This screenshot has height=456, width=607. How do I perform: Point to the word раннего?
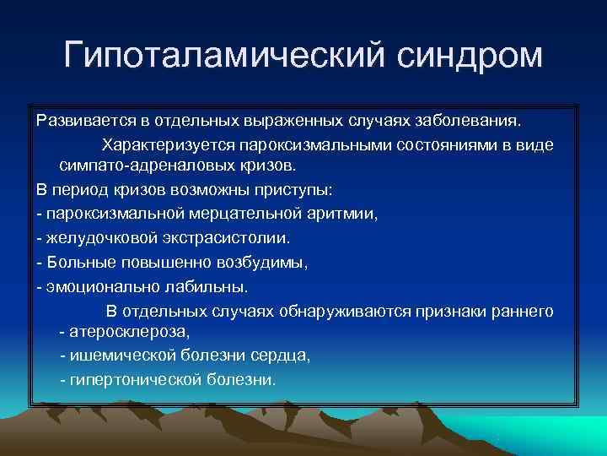[x=524, y=312]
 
